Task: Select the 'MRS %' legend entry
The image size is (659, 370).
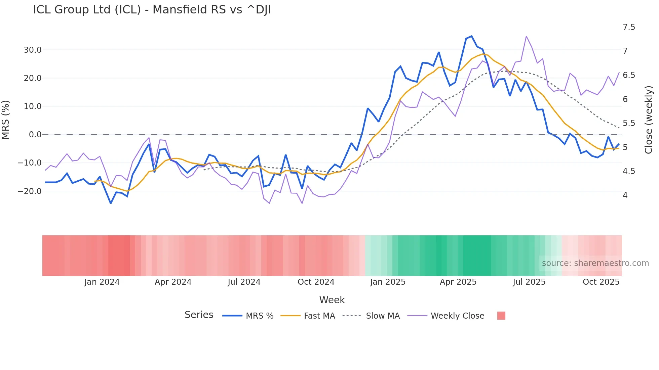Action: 259,316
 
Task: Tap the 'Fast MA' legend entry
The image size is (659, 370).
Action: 319,316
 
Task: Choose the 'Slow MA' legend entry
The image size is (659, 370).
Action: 383,316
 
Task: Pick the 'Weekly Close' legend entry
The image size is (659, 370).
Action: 457,316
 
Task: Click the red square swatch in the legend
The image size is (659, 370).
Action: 501,316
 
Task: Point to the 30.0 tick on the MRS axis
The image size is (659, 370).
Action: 33,50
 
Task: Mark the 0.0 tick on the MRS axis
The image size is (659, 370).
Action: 35,135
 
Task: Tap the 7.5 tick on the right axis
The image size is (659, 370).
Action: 629,27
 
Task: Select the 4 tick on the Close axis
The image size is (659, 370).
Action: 625,195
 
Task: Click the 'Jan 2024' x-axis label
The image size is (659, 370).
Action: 102,282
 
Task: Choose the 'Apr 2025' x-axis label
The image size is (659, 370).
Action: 458,282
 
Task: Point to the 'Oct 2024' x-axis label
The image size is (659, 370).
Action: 316,282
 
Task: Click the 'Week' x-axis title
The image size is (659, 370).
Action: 332,300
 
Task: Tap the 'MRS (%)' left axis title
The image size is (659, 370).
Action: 6,120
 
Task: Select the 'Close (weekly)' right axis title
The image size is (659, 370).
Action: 649,120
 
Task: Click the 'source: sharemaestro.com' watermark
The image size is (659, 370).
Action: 595,263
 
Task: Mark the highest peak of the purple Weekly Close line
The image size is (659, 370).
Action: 526,36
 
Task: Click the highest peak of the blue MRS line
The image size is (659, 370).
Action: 472,36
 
